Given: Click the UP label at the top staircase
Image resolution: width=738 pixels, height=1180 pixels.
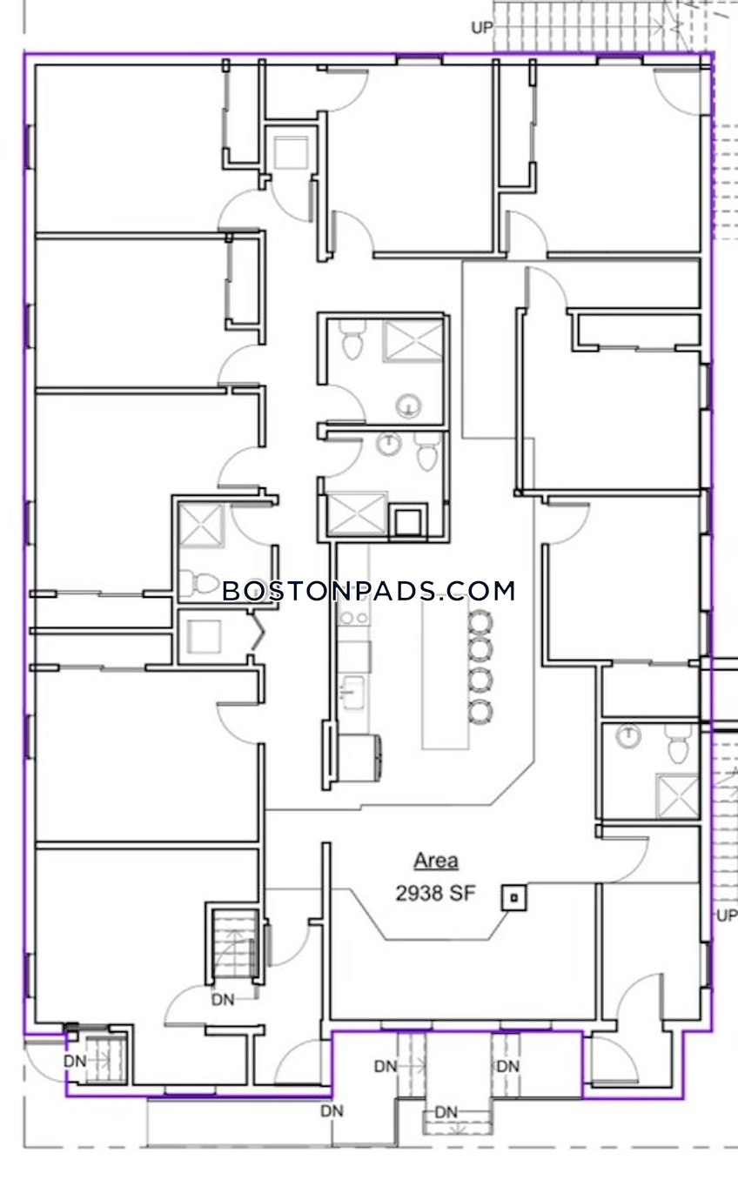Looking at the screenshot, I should click(x=481, y=28).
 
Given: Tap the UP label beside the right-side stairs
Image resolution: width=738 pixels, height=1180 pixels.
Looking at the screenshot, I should click(x=726, y=915).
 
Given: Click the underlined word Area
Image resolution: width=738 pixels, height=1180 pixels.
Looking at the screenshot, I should click(x=435, y=862).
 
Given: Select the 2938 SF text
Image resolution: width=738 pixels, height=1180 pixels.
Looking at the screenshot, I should click(x=435, y=893).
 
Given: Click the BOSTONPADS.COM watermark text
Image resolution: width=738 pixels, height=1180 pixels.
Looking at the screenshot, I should click(x=368, y=592).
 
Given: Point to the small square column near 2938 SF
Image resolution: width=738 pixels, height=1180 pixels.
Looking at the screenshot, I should click(x=513, y=897).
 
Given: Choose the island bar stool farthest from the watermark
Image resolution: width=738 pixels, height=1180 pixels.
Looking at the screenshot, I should click(x=480, y=712).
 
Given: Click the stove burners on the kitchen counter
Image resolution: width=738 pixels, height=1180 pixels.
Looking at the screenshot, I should click(x=353, y=617).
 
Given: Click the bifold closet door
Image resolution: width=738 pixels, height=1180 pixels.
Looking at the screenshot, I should click(x=255, y=632).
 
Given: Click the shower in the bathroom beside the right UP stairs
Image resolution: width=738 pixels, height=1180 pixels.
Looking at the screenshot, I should click(x=677, y=795).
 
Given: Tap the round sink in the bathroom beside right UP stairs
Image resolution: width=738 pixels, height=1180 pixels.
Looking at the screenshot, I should click(x=627, y=736).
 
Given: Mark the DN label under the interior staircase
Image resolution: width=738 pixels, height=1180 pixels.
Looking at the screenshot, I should click(x=223, y=1000).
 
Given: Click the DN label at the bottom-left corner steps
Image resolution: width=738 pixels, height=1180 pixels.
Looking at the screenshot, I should click(x=75, y=1062).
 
